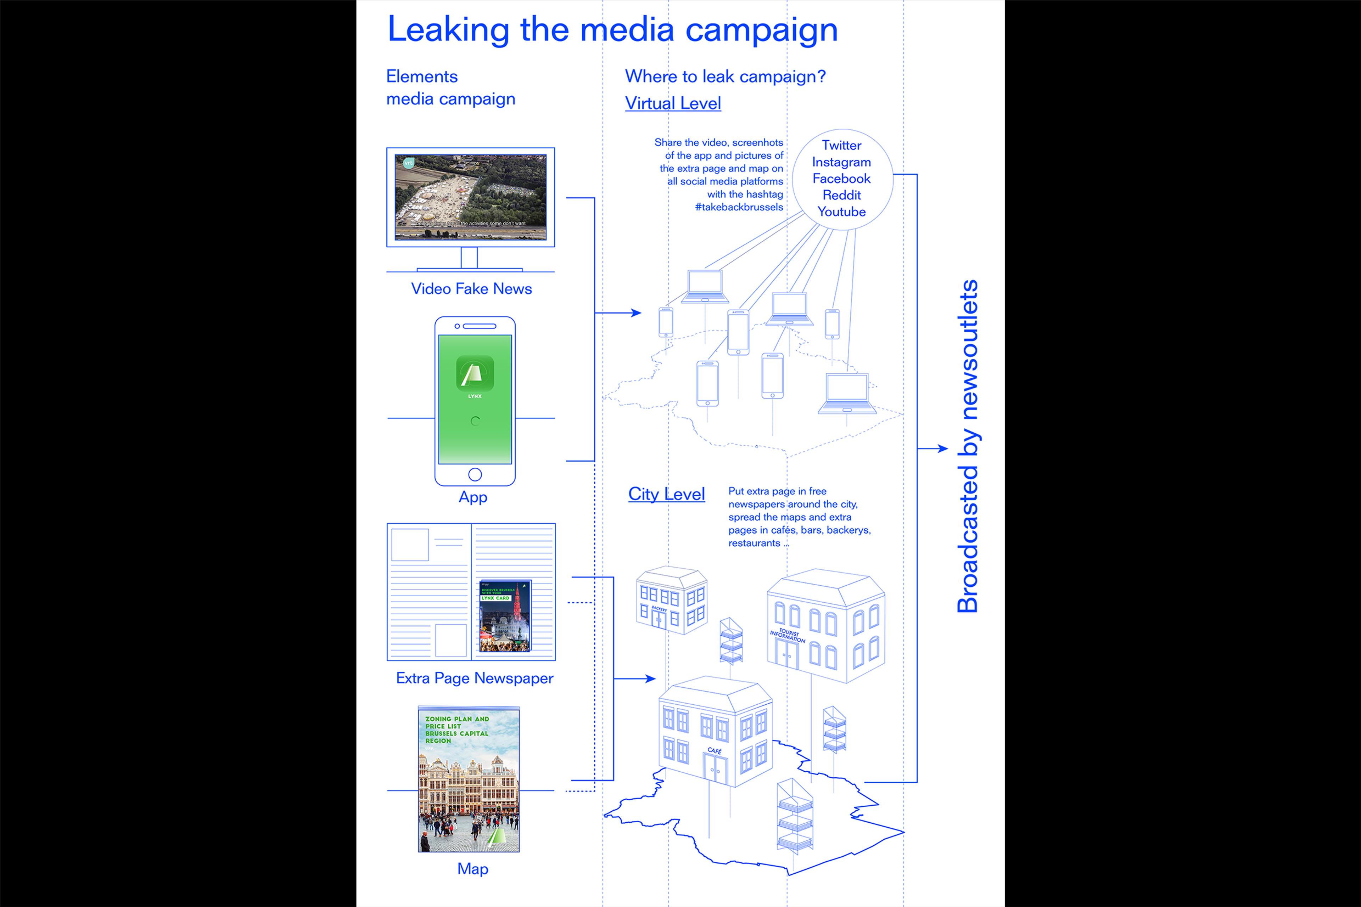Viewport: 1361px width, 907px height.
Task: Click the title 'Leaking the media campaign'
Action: coord(612,30)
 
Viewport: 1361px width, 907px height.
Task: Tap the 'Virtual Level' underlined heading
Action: coord(673,103)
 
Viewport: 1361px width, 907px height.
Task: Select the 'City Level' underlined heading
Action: coord(667,494)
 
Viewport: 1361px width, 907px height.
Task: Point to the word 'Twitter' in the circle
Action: coord(841,145)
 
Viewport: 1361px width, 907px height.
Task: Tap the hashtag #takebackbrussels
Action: coord(739,207)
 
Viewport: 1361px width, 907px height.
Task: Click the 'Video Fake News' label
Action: coord(471,289)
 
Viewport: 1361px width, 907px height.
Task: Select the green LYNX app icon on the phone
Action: coord(475,373)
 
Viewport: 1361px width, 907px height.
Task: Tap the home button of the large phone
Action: coord(475,474)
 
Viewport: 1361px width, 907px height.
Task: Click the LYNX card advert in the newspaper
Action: coord(505,615)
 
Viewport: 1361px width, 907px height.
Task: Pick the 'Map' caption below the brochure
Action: coord(473,869)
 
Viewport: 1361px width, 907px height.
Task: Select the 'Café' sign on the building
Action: coord(715,750)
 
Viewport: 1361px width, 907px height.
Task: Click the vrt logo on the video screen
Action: coord(409,163)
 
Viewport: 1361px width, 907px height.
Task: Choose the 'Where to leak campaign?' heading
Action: coord(725,77)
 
